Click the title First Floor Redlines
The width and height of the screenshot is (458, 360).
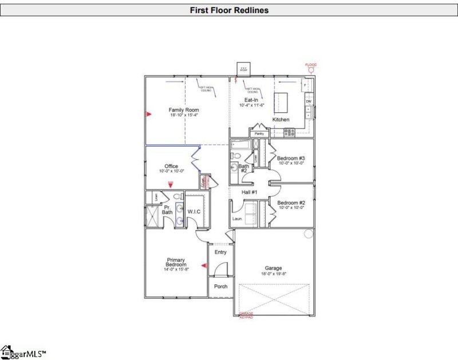pos(228,10)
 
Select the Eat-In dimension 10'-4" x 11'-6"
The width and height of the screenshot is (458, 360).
pos(251,105)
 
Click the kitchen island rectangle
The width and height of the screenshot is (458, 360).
pos(282,102)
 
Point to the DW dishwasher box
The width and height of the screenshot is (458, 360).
pos(309,101)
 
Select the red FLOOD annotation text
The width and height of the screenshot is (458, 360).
pos(311,65)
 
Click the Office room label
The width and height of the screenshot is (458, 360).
pos(171,167)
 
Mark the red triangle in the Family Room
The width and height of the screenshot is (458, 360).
pos(148,114)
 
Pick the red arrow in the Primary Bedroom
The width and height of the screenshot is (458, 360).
pos(203,265)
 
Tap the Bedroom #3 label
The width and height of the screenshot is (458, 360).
pos(291,158)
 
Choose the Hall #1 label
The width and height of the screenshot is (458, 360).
pos(250,192)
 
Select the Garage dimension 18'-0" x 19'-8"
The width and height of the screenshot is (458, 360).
pos(273,274)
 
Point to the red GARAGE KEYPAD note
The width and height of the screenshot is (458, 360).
pos(246,315)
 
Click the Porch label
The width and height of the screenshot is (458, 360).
pos(220,286)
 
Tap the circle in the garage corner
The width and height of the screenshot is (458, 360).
pos(308,234)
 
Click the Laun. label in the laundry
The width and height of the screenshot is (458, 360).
pos(238,218)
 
